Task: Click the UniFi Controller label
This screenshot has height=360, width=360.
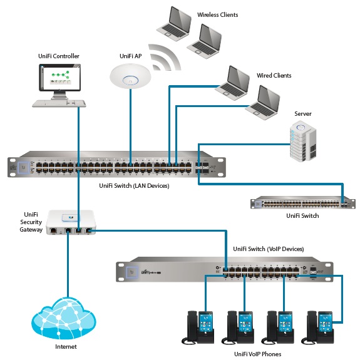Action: (59, 56)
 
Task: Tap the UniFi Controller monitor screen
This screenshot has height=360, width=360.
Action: (60, 78)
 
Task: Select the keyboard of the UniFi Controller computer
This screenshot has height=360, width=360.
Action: (59, 103)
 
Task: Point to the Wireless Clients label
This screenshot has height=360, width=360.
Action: (218, 15)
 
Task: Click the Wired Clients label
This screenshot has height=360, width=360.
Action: (274, 76)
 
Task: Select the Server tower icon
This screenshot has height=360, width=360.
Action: (303, 141)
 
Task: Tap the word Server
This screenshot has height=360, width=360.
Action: (303, 114)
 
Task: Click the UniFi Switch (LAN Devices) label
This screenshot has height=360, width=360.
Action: (135, 186)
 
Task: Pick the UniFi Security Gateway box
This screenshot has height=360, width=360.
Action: (71, 222)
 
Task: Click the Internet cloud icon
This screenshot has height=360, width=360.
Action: (64, 318)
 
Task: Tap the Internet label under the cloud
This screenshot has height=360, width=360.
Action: (66, 346)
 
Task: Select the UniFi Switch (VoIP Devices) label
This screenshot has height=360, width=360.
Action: (269, 249)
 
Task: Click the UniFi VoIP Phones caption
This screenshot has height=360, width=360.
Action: (257, 354)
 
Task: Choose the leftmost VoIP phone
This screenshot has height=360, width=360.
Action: (198, 327)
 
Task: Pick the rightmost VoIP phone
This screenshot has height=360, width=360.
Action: (318, 327)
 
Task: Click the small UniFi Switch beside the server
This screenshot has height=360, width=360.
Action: (303, 202)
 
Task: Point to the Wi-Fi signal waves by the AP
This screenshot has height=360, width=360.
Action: (165, 58)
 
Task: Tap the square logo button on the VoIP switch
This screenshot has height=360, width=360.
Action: (132, 272)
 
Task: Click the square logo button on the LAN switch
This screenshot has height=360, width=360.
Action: (23, 167)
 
